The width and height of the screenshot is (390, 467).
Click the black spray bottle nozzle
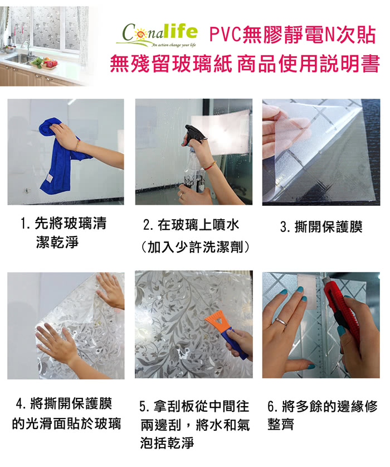pos(194,133)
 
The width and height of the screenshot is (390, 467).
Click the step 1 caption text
pos(64,233)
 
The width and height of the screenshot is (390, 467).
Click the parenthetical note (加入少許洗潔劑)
pos(195,247)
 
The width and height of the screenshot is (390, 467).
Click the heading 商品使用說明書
pos(309,64)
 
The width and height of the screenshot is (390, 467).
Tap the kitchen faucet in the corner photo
pos(27,47)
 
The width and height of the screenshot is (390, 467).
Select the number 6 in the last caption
pos(271,407)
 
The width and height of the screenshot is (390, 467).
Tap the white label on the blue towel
pos(50,179)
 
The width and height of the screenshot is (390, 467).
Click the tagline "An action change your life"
pos(174,45)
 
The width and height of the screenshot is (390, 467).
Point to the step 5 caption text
pos(194,425)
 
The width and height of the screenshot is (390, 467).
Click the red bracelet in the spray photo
pos(212,164)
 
